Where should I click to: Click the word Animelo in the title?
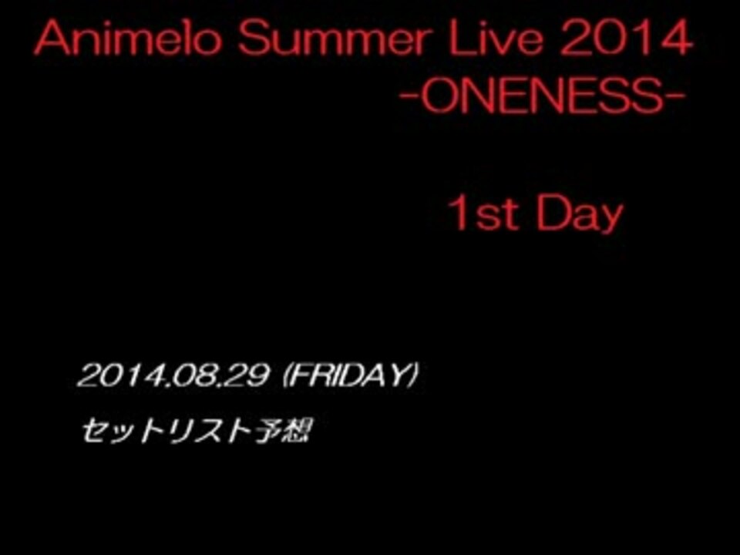pyautogui.click(x=127, y=39)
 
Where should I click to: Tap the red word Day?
pyautogui.click(x=580, y=215)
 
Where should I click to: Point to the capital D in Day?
pyautogui.click(x=552, y=214)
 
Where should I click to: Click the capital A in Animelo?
pyautogui.click(x=52, y=39)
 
